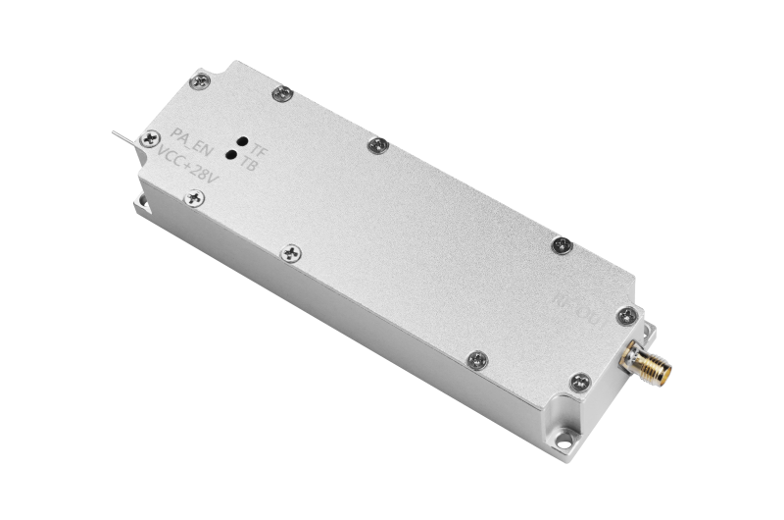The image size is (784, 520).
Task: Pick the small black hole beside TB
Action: (231, 154)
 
